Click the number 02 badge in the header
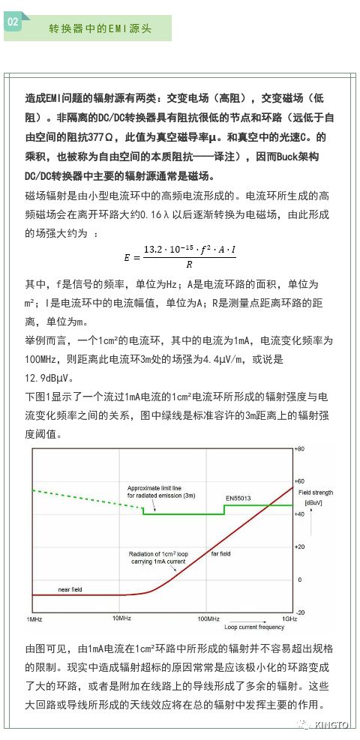(13, 22)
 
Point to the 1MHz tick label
(34, 619)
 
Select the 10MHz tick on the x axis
(122, 619)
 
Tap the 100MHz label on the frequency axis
(208, 619)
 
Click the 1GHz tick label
(290, 619)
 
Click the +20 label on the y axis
(304, 547)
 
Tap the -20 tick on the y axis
(303, 612)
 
